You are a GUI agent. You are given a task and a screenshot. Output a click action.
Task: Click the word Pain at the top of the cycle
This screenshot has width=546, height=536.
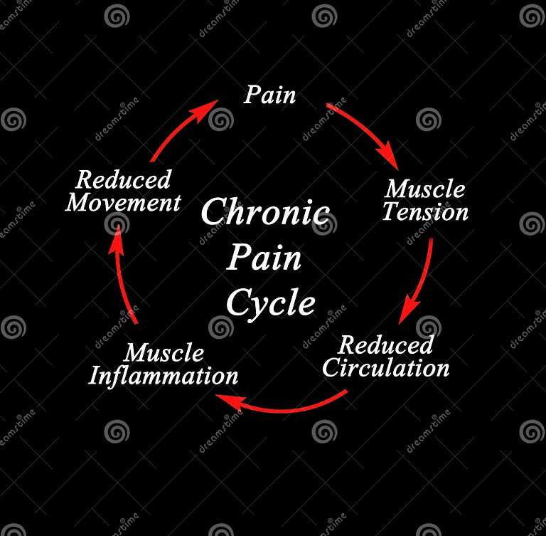click(x=269, y=95)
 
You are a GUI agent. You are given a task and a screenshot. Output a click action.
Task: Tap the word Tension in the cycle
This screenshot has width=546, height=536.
click(x=425, y=212)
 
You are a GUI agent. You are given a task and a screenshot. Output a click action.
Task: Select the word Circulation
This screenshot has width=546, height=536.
click(x=385, y=368)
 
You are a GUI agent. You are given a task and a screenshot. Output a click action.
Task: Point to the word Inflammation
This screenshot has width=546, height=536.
click(x=163, y=375)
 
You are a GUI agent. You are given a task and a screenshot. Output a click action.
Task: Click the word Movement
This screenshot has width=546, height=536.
click(x=123, y=202)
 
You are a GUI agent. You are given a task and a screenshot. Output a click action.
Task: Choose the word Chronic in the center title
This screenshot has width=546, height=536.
click(x=264, y=213)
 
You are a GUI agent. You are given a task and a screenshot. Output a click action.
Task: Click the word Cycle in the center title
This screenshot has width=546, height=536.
click(x=270, y=303)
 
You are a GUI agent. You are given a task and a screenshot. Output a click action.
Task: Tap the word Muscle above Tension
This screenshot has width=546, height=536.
click(x=424, y=189)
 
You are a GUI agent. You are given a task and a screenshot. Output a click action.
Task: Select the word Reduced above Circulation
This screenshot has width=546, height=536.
click(x=385, y=345)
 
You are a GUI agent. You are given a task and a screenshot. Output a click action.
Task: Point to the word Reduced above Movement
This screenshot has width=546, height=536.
click(x=124, y=179)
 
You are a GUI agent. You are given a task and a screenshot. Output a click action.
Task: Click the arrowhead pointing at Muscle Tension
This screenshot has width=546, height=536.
click(x=388, y=157)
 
